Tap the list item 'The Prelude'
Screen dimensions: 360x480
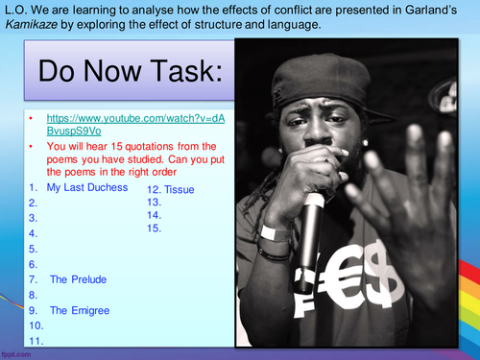click(78, 279)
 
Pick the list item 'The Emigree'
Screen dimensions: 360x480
click(80, 310)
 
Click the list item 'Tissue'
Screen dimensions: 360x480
click(180, 189)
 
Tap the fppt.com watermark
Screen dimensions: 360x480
click(18, 353)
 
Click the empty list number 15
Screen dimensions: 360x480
click(154, 229)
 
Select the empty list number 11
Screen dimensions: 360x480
click(36, 341)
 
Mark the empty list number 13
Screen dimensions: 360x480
click(154, 203)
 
